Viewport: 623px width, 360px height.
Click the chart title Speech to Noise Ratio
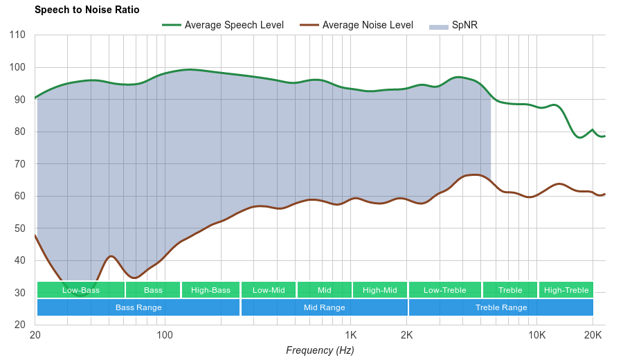point(87,10)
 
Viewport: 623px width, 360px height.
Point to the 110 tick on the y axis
point(18,35)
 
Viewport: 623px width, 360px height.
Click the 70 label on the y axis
point(19,164)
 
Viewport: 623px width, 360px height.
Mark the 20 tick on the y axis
point(19,325)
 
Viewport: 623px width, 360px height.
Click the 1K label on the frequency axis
point(350,336)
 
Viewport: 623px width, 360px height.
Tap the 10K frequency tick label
point(536,336)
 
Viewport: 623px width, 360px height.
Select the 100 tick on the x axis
point(165,336)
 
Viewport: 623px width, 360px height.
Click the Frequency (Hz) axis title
point(320,350)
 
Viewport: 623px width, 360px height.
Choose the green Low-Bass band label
point(80,290)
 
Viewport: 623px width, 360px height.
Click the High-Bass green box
point(210,290)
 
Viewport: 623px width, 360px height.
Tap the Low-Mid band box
point(269,290)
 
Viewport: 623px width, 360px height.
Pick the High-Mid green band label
point(380,290)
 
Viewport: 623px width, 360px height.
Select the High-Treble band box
point(566,290)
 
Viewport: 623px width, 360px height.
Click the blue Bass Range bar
point(138,307)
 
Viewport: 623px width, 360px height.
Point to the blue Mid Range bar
point(324,307)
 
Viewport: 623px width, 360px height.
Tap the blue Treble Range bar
point(501,307)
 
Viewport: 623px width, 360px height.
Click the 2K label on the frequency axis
point(406,336)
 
